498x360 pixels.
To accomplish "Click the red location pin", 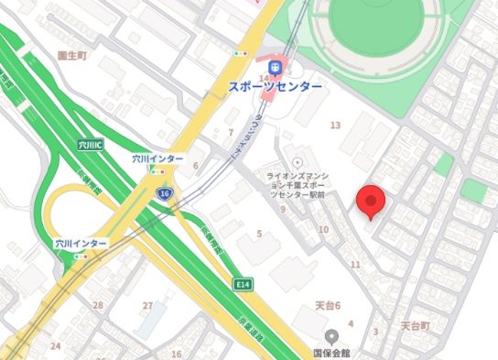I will point(371,202).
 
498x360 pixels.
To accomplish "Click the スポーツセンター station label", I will point(276,86).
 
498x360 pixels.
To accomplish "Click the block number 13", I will point(335,125).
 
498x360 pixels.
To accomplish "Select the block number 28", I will point(98,305).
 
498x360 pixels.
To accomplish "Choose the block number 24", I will point(55,346).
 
